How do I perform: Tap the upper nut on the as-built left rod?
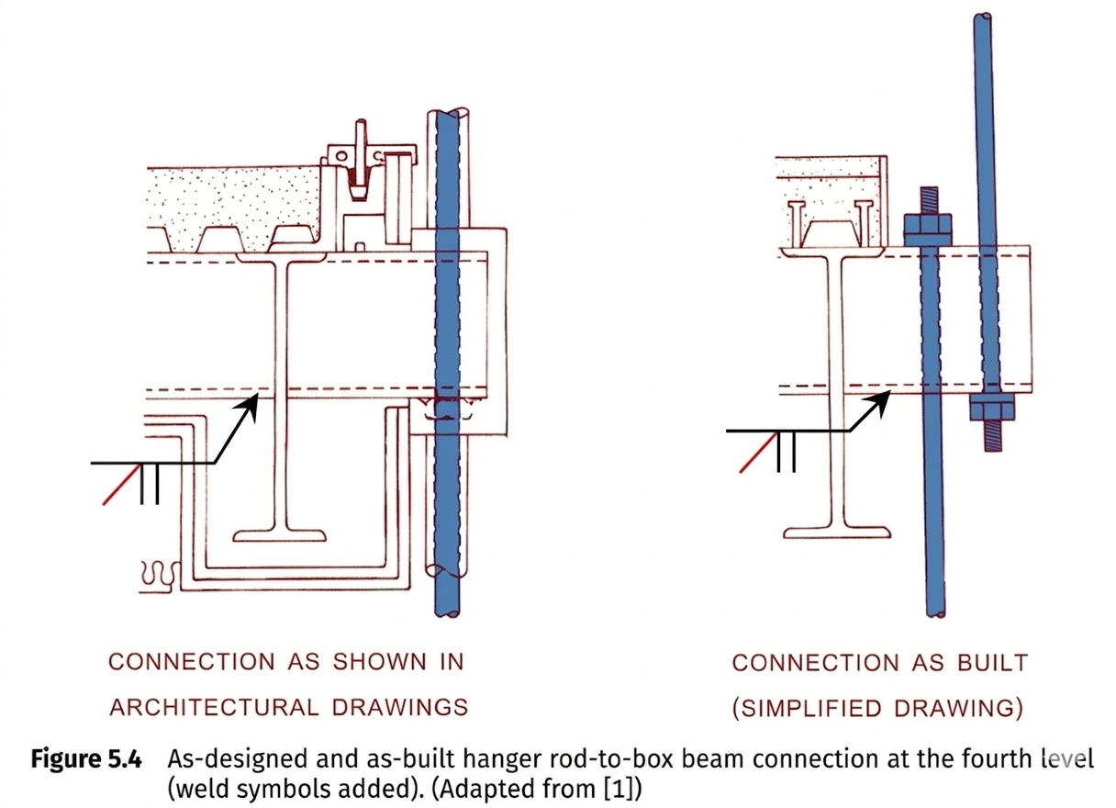click(x=928, y=227)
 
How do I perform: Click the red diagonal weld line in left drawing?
click(x=121, y=484)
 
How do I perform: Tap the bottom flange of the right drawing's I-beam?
click(x=839, y=532)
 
